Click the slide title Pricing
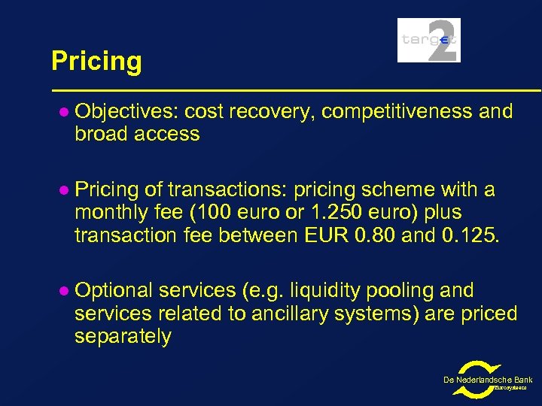pyautogui.click(x=96, y=61)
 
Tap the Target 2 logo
pyautogui.click(x=428, y=40)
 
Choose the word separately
pyautogui.click(x=123, y=336)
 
